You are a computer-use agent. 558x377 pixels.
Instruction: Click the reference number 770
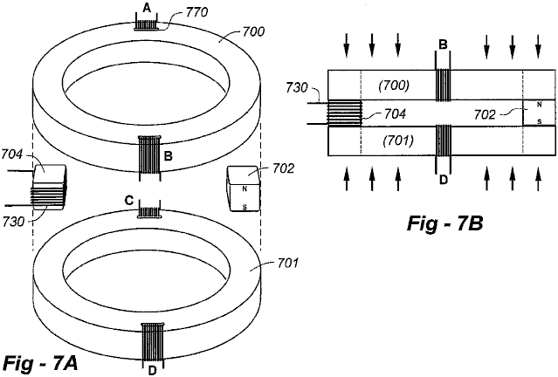point(196,12)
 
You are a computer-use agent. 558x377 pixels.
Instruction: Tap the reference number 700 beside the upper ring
point(253,32)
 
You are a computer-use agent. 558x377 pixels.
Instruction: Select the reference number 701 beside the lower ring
point(286,264)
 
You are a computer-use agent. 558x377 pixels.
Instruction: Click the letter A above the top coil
point(146,9)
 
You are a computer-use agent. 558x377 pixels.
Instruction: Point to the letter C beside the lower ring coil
point(129,201)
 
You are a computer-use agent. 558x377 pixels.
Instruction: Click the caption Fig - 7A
point(40,364)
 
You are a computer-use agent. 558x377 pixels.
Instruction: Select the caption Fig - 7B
point(444,224)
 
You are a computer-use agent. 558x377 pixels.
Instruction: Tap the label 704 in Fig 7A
point(11,154)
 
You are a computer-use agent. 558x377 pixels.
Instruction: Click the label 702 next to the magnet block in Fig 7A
point(284,168)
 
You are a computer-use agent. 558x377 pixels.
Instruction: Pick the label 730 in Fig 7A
point(13,222)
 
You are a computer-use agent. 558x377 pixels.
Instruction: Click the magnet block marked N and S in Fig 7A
point(244,188)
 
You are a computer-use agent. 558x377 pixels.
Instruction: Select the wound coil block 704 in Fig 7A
point(49,187)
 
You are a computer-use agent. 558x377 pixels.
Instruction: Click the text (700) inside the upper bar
point(394,86)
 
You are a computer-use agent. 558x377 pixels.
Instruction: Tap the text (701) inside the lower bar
point(398,141)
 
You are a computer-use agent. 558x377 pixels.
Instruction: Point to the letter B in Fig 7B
point(443,45)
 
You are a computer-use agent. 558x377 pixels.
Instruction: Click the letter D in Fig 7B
point(444,180)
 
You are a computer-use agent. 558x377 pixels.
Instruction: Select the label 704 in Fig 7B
point(395,113)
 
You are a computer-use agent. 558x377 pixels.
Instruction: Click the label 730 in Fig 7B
point(296,88)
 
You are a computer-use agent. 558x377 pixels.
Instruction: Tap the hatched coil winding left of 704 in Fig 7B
point(344,113)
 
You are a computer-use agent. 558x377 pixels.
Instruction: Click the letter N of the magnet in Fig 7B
point(539,105)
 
